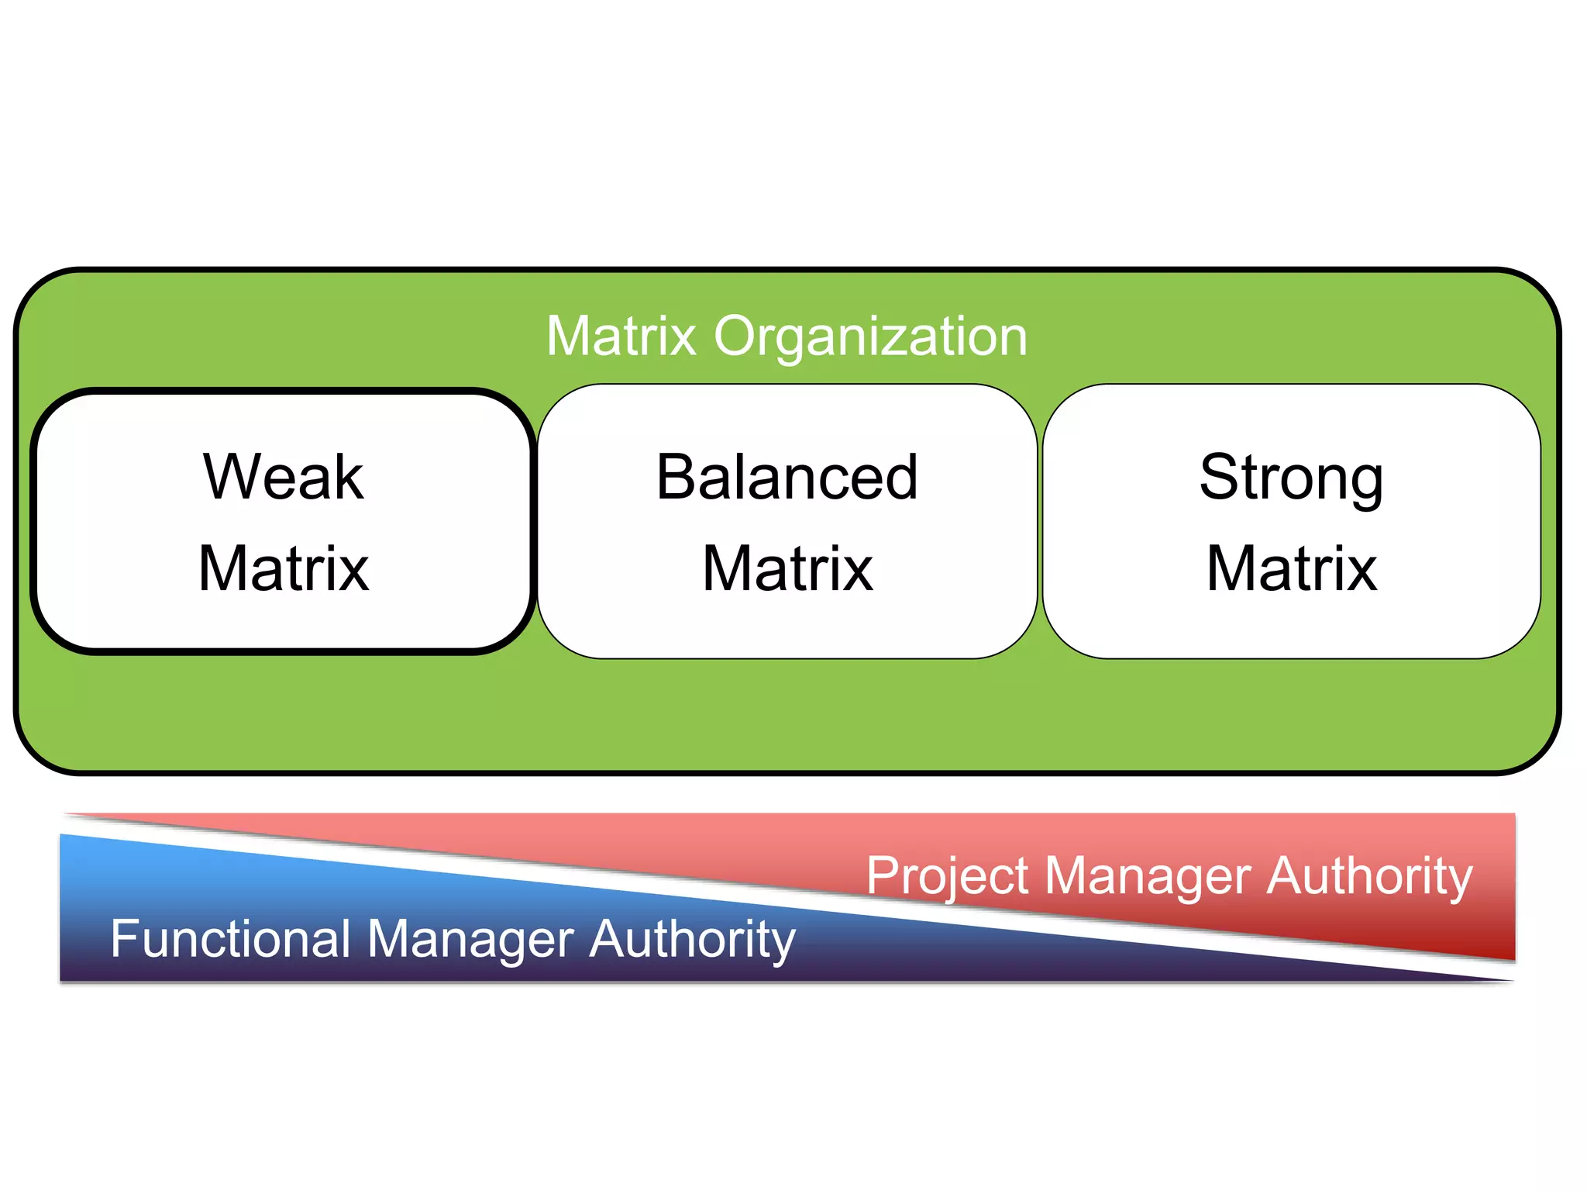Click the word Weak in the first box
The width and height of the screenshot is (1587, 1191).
[x=284, y=477]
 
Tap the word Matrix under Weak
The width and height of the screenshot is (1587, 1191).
[x=284, y=568]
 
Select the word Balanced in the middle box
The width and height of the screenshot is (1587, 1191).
[x=787, y=477]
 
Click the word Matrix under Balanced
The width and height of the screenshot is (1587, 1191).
[x=787, y=568]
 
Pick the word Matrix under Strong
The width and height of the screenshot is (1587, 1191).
[x=1292, y=568]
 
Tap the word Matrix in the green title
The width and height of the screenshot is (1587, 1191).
[x=621, y=336]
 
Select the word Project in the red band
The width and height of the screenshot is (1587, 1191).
[x=948, y=877]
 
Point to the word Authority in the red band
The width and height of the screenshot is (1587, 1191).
[x=1369, y=877]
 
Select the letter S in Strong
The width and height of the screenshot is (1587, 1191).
[x=1219, y=477]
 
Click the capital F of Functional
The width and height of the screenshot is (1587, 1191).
[x=123, y=939]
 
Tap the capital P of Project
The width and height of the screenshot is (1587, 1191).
[x=882, y=875]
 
